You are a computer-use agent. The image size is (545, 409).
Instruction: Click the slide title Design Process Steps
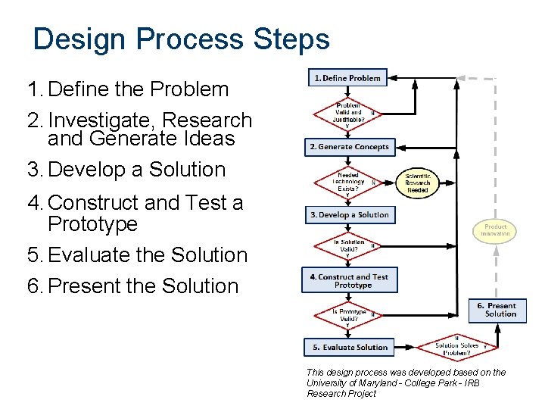pyautogui.click(x=182, y=39)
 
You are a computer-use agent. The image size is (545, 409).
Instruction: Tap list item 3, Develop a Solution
pyautogui.click(x=126, y=170)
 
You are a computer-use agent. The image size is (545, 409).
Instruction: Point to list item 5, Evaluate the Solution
pyautogui.click(x=137, y=255)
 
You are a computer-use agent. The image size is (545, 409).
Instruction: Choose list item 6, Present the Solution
pyautogui.click(x=132, y=286)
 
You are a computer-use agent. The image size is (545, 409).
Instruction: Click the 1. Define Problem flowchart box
pyautogui.click(x=347, y=78)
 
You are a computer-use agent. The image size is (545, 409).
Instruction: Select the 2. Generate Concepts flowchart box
pyautogui.click(x=350, y=146)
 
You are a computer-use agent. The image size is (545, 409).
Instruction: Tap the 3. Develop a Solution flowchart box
pyautogui.click(x=349, y=214)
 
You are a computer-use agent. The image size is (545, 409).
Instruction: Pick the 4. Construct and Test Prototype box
pyautogui.click(x=349, y=280)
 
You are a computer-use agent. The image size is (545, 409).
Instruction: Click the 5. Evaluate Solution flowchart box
pyautogui.click(x=350, y=348)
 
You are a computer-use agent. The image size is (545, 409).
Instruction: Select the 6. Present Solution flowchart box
pyautogui.click(x=497, y=310)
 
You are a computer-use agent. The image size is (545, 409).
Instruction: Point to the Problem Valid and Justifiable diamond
pyautogui.click(x=348, y=114)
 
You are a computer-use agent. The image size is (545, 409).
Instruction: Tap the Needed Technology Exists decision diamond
pyautogui.click(x=348, y=183)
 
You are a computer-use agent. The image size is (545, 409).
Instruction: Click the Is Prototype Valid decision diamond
pyautogui.click(x=349, y=314)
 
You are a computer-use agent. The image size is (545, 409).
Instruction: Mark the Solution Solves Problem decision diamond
pyautogui.click(x=457, y=348)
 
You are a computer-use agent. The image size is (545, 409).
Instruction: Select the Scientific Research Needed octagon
pyautogui.click(x=417, y=183)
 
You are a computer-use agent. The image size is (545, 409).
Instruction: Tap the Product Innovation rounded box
pyautogui.click(x=495, y=230)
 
